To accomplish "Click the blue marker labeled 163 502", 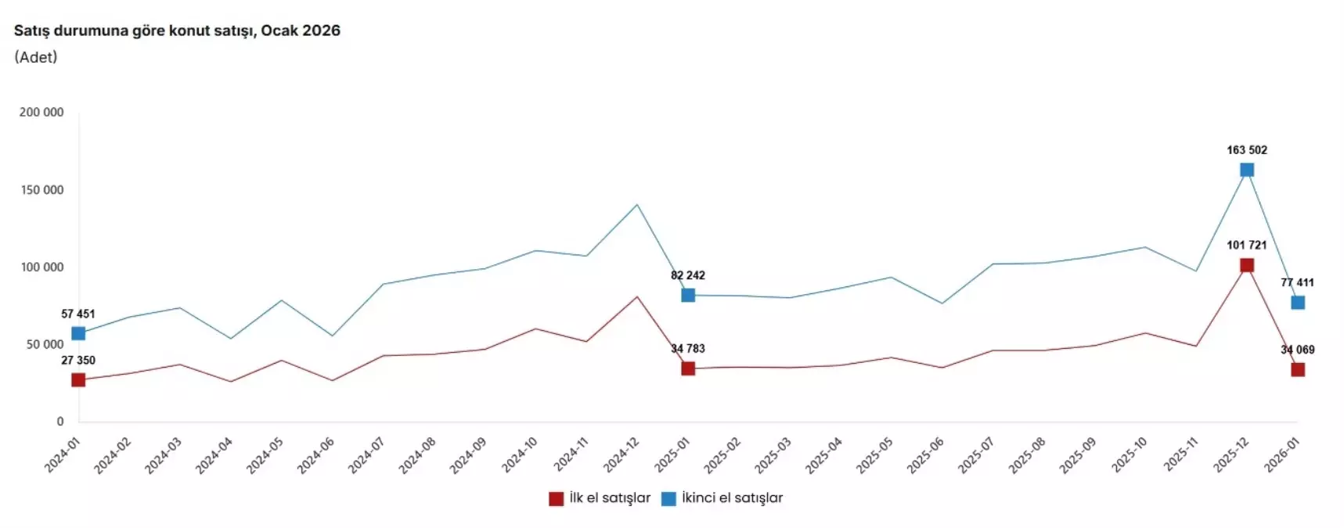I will click(x=1247, y=170).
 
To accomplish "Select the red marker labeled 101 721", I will click(x=1247, y=265).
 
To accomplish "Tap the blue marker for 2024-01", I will click(x=78, y=333).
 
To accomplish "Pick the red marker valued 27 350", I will click(x=78, y=380).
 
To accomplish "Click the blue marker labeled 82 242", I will click(x=688, y=295).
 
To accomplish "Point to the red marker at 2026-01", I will click(x=1298, y=369).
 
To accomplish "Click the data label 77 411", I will click(x=1297, y=282).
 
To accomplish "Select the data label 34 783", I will click(x=688, y=349).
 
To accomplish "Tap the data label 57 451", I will click(x=78, y=314).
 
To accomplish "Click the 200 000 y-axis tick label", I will click(x=41, y=113).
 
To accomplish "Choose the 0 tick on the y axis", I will click(x=60, y=422).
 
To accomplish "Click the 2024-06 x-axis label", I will click(x=316, y=455).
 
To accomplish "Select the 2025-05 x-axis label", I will click(x=875, y=455).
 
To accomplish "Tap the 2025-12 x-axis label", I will click(x=1231, y=455).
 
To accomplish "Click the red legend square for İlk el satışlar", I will click(x=557, y=498).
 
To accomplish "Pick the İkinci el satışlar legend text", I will click(x=732, y=498).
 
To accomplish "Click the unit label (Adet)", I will click(x=36, y=57).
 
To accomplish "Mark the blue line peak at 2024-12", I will click(x=637, y=205).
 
